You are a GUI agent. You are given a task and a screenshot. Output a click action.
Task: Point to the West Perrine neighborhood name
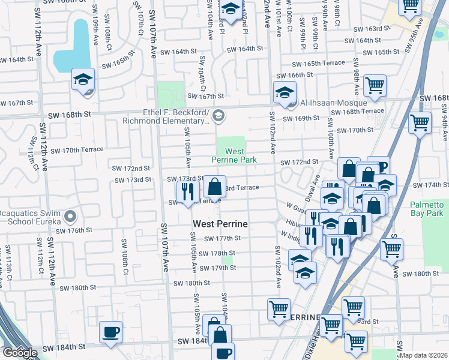(220, 224)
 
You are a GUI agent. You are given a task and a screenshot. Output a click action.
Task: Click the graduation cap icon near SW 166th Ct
(83, 79)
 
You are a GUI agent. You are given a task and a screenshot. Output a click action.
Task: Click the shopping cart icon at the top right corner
(411, 7)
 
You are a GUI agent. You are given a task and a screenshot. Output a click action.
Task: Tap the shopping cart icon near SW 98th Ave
(375, 86)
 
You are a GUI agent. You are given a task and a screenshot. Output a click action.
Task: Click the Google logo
(20, 353)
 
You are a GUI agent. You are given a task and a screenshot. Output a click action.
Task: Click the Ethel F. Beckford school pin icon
(218, 115)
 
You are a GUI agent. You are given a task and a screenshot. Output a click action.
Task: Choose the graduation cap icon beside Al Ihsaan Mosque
(285, 92)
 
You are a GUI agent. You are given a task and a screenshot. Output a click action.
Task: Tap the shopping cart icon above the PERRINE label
(279, 309)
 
